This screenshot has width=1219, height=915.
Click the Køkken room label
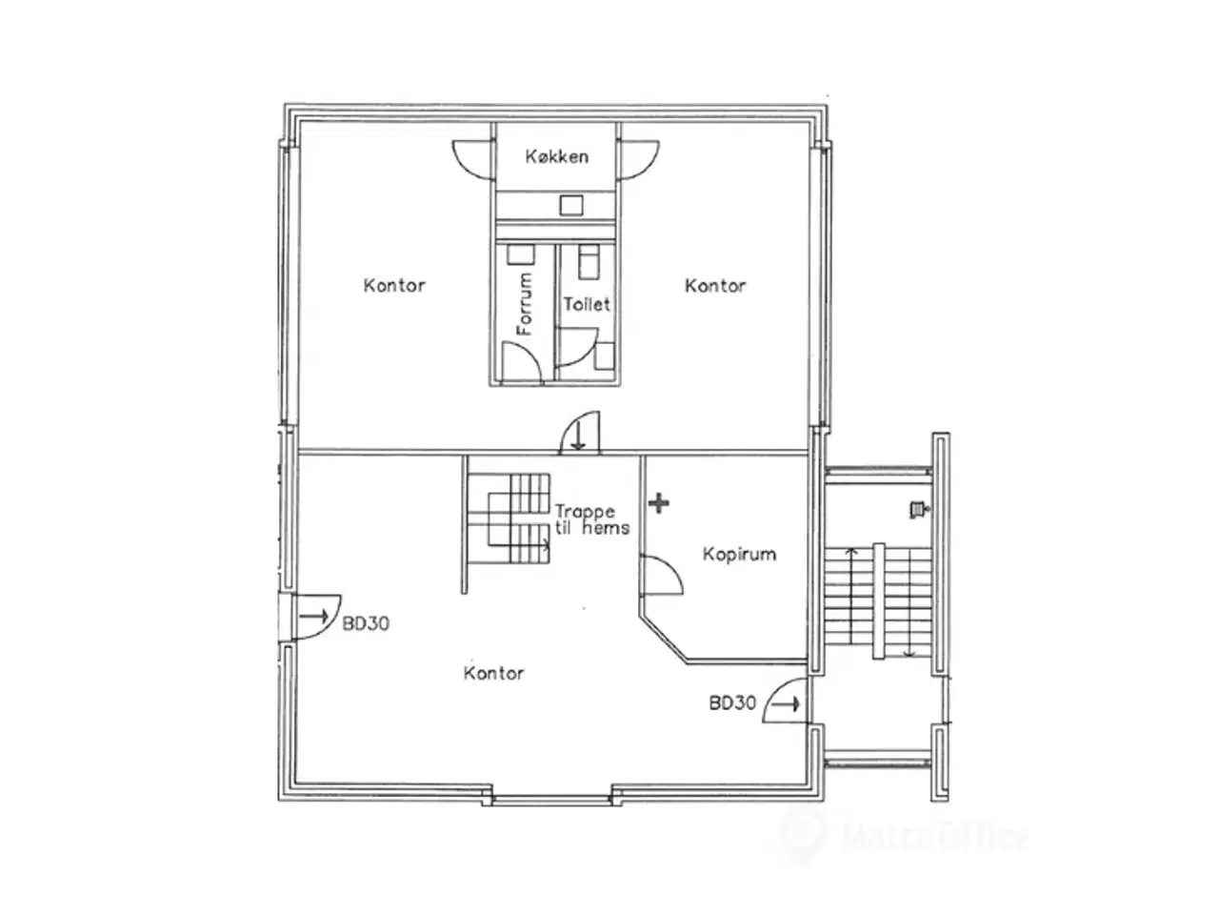tap(556, 156)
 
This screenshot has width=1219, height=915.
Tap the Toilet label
tap(587, 304)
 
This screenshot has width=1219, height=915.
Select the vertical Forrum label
tap(524, 303)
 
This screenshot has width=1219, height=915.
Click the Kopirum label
tap(739, 554)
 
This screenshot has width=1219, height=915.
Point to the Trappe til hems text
tap(592, 519)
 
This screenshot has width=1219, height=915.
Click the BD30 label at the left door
tap(366, 623)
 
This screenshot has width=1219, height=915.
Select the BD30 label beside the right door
tap(732, 703)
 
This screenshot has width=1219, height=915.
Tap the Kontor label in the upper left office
tap(393, 286)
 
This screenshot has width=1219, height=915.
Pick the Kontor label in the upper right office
tap(714, 286)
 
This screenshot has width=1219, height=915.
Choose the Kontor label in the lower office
tap(493, 673)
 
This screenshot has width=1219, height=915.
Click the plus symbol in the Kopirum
tap(658, 503)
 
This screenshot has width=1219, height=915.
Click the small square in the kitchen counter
tap(570, 205)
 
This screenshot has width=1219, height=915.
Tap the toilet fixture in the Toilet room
tap(589, 262)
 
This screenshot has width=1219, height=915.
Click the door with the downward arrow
tap(580, 433)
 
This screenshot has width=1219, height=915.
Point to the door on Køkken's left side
tap(471, 160)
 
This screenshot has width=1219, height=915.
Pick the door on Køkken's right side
tap(638, 160)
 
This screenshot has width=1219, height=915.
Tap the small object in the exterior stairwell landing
tap(918, 509)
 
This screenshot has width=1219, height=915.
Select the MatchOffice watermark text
tap(934, 837)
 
